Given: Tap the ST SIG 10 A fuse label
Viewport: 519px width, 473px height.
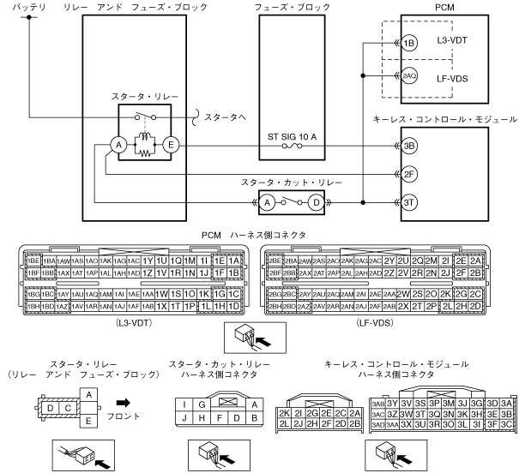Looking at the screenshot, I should click(295, 136).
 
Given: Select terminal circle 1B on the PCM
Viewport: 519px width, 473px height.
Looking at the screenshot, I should click(409, 41).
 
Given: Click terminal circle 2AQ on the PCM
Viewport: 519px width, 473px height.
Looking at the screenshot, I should click(409, 76).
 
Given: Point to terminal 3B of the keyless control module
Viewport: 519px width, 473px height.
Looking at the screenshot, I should click(409, 147).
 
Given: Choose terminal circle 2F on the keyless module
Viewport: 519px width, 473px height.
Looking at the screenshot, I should click(409, 175).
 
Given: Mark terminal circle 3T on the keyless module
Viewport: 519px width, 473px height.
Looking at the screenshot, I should click(409, 203).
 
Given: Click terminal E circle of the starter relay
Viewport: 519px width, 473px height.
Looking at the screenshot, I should click(171, 147).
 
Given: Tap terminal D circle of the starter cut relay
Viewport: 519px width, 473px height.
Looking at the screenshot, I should click(316, 203).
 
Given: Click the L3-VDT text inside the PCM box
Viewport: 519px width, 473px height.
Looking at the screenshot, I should click(453, 41).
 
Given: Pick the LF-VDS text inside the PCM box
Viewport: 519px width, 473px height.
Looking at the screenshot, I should click(453, 76).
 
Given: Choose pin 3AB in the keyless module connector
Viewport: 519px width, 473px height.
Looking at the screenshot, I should click(377, 403).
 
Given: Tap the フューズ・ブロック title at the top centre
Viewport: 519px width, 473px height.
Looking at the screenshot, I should click(294, 7).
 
